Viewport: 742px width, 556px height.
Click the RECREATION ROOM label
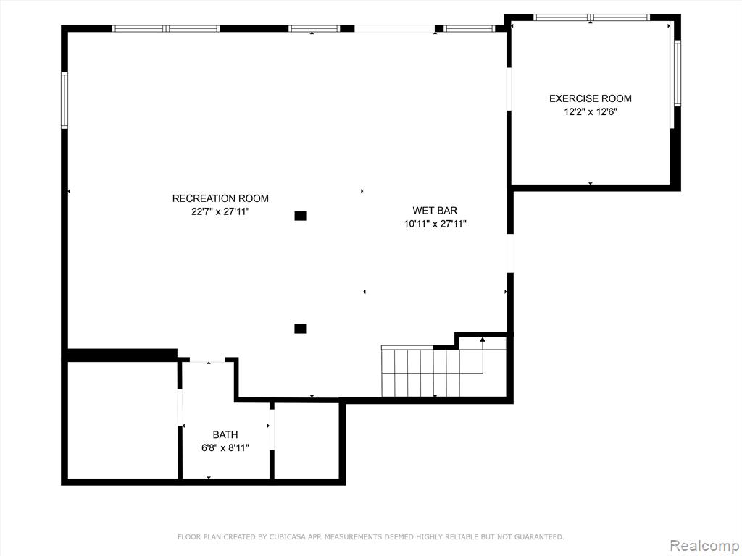pyautogui.click(x=220, y=198)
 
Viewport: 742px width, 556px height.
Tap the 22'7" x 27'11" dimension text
pyautogui.click(x=220, y=212)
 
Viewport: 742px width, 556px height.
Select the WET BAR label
pyautogui.click(x=435, y=211)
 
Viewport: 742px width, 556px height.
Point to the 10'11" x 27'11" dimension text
pyautogui.click(x=435, y=224)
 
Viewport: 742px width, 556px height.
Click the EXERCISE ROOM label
pyautogui.click(x=590, y=98)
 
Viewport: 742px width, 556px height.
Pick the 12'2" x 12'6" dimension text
pyautogui.click(x=591, y=112)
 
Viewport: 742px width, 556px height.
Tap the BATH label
pyautogui.click(x=225, y=434)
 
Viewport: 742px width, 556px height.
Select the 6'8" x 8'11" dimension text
pyautogui.click(x=225, y=447)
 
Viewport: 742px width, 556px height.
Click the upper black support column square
pyautogui.click(x=300, y=216)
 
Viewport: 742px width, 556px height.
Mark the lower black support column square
pyautogui.click(x=300, y=329)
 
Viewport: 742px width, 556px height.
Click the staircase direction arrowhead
pyautogui.click(x=482, y=340)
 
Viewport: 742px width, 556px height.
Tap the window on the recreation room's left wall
pyautogui.click(x=64, y=100)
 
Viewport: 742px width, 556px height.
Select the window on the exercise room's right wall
pyautogui.click(x=677, y=73)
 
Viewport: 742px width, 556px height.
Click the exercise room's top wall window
pyautogui.click(x=591, y=17)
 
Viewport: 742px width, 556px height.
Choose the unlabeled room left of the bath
pyautogui.click(x=122, y=421)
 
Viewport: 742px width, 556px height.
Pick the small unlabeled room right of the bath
pyautogui.click(x=307, y=441)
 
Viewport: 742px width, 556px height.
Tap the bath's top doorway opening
pyautogui.click(x=207, y=361)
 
